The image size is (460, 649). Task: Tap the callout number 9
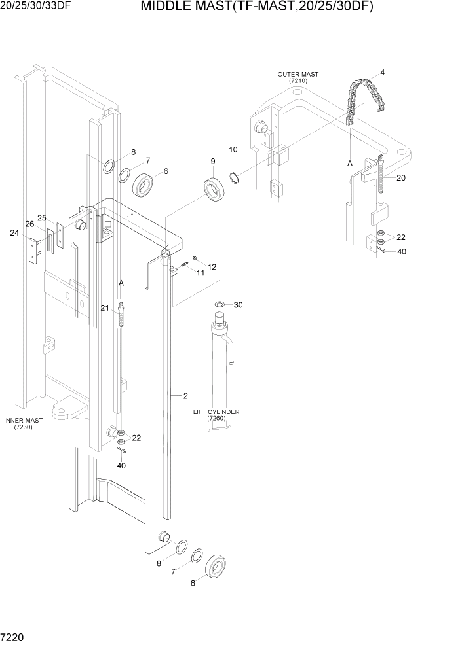pyautogui.click(x=213, y=161)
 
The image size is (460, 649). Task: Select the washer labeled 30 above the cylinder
pyautogui.click(x=219, y=304)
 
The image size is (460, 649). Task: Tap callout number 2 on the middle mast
pyautogui.click(x=185, y=395)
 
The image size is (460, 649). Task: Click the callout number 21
pyautogui.click(x=105, y=307)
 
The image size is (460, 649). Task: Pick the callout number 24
pyautogui.click(x=14, y=232)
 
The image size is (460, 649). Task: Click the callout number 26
pyautogui.click(x=29, y=224)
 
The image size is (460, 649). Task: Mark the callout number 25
pyautogui.click(x=42, y=217)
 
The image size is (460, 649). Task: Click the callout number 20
pyautogui.click(x=401, y=178)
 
